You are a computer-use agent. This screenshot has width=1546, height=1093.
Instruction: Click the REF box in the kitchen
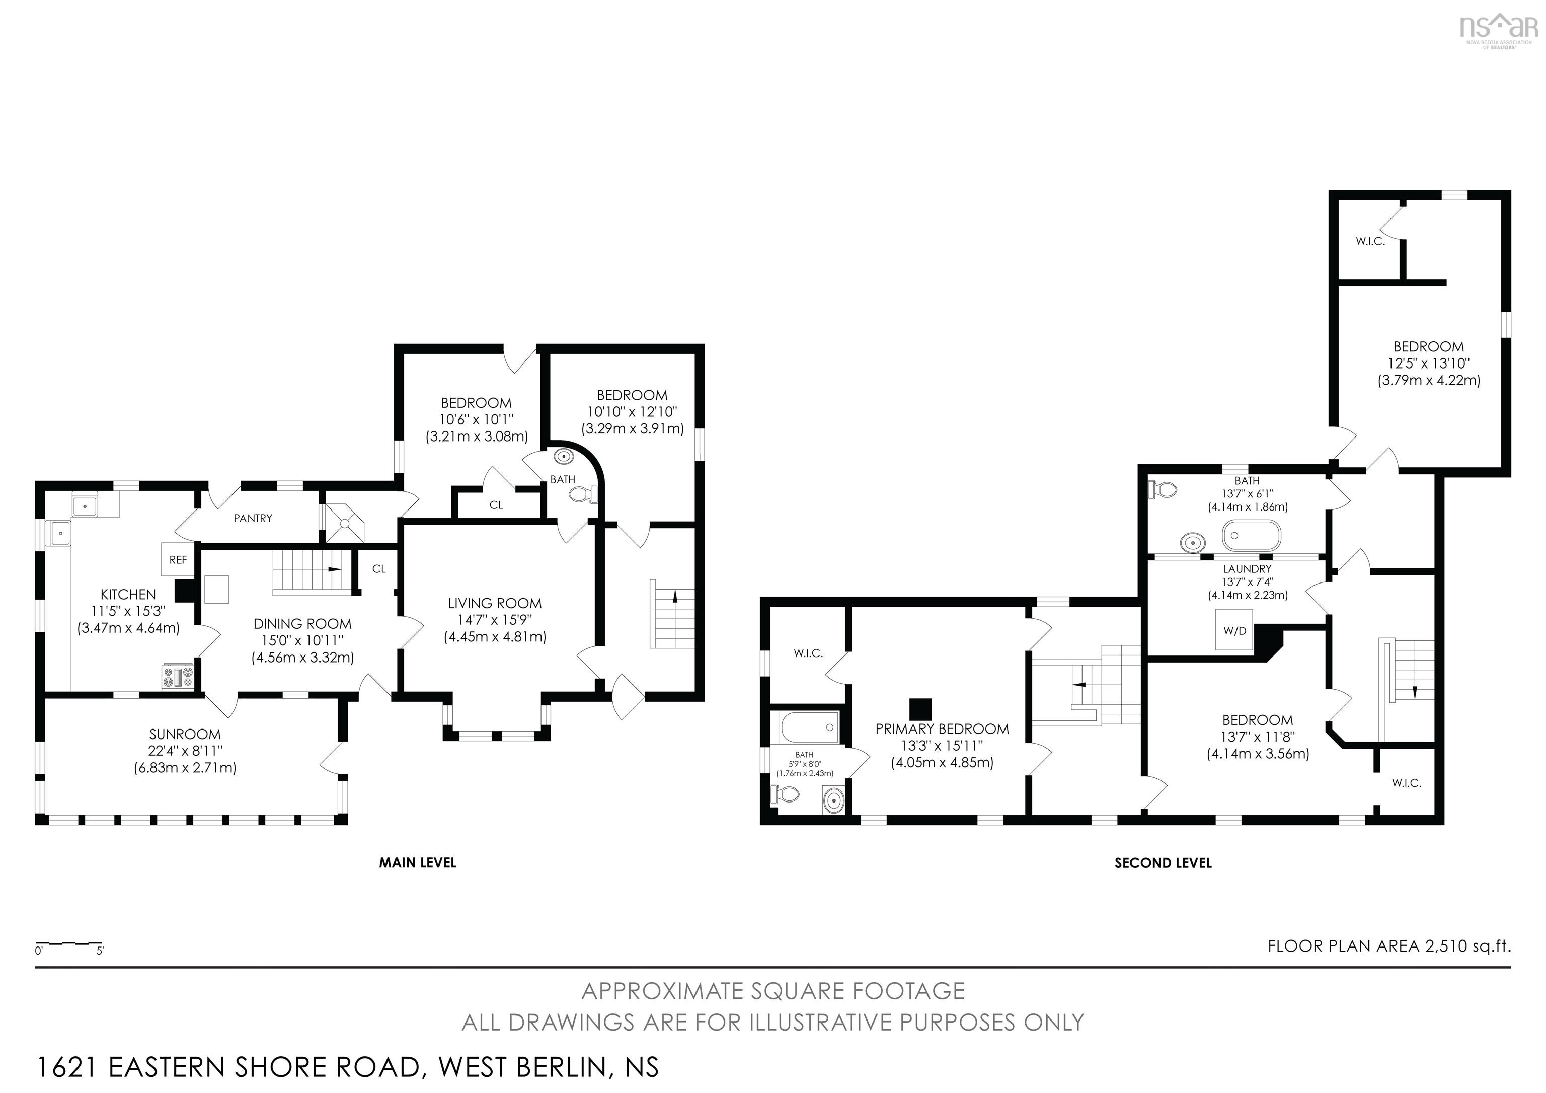(178, 560)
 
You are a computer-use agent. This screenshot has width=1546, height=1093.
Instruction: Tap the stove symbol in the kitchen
(178, 676)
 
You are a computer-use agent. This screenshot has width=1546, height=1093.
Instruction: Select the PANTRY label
(253, 518)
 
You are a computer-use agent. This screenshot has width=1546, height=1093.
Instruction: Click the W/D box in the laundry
(1234, 630)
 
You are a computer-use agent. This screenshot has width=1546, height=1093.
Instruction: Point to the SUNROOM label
(185, 734)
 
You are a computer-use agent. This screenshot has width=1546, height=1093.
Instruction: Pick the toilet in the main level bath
(582, 496)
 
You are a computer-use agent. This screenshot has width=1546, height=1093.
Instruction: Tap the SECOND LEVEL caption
(1163, 863)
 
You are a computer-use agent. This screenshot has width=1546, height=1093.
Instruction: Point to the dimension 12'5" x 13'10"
(1428, 363)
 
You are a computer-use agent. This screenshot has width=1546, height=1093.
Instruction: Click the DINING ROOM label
(302, 624)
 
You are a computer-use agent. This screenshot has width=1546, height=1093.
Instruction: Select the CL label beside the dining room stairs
(378, 569)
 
